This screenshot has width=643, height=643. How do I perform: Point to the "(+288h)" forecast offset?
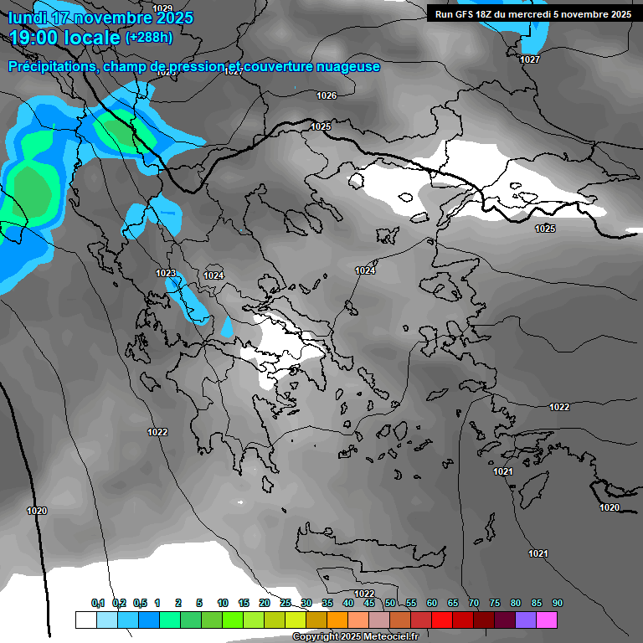pos(149,38)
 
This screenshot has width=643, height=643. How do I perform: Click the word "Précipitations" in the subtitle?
pos(52,66)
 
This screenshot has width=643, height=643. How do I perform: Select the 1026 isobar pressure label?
pos(327,95)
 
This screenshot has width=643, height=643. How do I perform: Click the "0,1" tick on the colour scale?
pos(97,603)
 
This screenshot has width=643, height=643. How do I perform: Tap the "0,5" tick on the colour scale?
pos(140,603)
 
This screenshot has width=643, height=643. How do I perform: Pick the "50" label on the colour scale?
pos(390,603)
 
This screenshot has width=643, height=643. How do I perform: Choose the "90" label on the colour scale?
pos(558,603)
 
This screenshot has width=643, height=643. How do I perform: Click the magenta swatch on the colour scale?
pos(547,620)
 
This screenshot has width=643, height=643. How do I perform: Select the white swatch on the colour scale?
pos(85,620)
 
